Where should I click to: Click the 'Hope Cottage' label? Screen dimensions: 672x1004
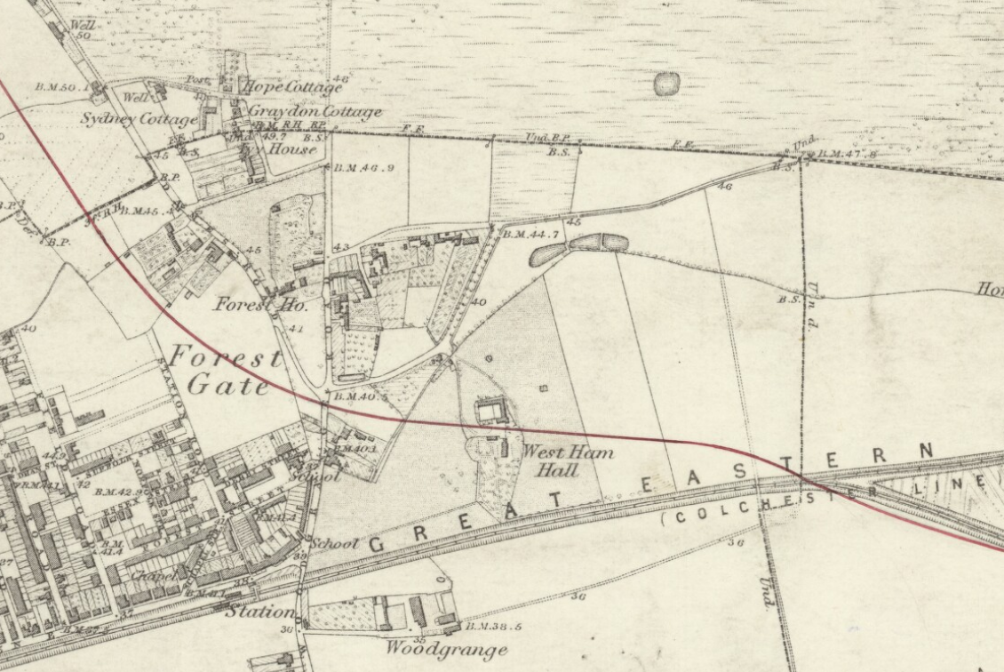(x=291, y=87)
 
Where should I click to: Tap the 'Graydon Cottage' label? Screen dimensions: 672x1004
(x=315, y=112)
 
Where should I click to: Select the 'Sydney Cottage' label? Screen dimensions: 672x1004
(x=139, y=118)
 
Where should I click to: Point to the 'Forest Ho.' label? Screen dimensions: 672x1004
(x=260, y=304)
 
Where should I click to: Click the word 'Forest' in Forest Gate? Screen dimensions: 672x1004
(x=226, y=358)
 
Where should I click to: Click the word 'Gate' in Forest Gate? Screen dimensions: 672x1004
(x=228, y=386)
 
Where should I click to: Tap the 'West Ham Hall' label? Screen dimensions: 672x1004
(x=567, y=460)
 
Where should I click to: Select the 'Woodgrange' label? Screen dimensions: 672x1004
(x=445, y=648)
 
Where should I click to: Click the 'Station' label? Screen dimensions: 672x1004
(x=259, y=612)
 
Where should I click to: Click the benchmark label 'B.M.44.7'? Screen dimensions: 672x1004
(x=530, y=235)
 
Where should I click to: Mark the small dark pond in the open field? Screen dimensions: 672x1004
(x=666, y=84)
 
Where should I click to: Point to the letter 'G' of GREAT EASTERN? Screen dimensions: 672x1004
(x=377, y=544)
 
